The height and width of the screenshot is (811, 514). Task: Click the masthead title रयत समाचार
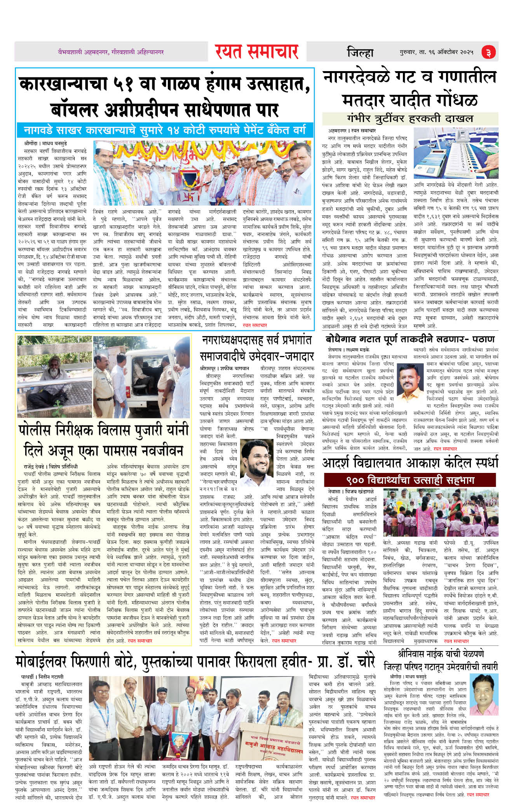[x=256, y=52]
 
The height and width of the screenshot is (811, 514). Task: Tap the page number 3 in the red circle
[x=488, y=52]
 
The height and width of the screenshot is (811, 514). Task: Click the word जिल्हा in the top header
[x=360, y=52]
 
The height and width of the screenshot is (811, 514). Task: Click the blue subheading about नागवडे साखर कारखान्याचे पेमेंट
[x=164, y=130]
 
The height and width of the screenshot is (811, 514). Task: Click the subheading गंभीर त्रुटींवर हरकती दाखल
[x=410, y=118]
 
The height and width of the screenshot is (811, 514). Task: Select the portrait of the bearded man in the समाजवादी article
[x=257, y=459]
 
